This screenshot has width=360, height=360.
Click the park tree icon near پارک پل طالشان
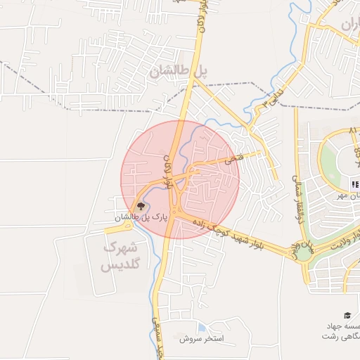point(141,206)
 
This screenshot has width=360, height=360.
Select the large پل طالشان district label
point(179,71)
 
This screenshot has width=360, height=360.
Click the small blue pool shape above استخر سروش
point(202,328)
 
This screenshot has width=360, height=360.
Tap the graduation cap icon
point(347,316)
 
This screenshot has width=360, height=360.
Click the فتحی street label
point(234,161)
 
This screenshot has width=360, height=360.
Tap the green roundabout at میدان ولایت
point(303,252)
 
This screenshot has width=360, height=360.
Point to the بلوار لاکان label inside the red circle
point(168,171)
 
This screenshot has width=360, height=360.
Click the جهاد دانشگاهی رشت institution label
point(341,331)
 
